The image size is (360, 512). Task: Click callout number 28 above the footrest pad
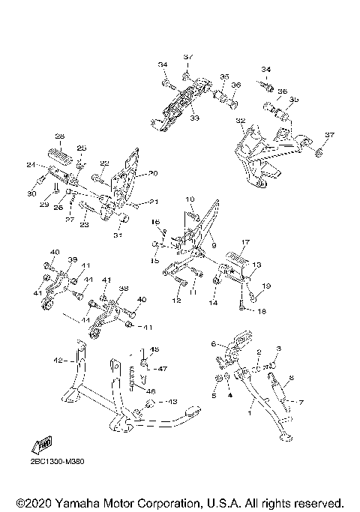coord(59,136)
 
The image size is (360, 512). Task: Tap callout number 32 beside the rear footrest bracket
coord(240,121)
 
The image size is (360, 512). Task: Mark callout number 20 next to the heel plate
coord(153,173)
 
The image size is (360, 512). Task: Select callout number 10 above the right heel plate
coord(190,199)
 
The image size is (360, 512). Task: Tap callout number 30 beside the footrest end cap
coord(31,194)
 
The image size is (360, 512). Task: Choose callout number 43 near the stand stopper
coord(172,402)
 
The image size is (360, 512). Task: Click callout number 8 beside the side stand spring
coord(291,379)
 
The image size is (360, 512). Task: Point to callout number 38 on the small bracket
coord(123,288)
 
